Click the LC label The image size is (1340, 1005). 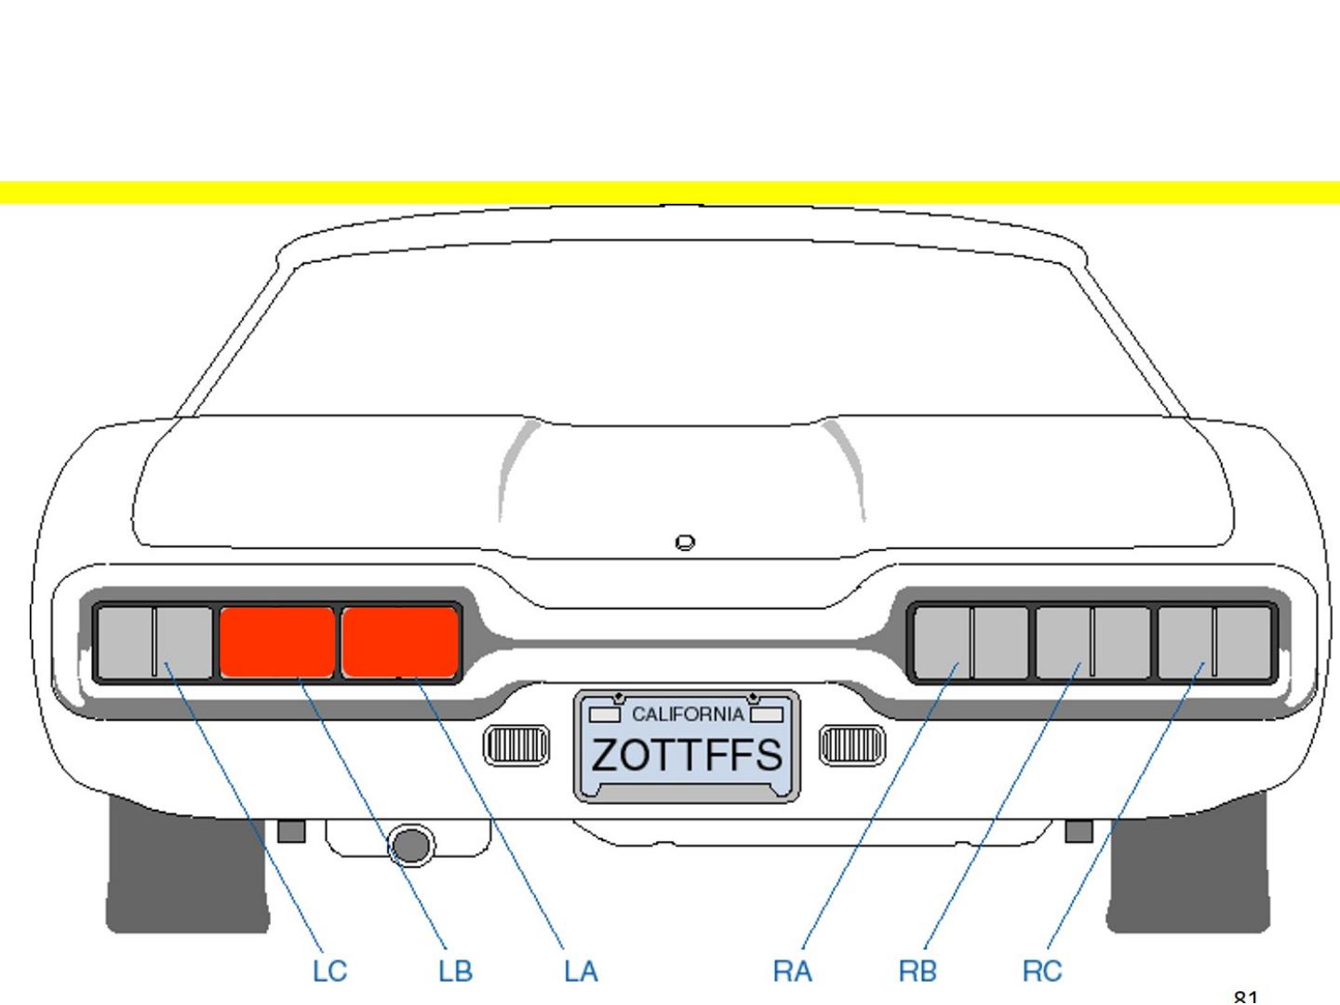[329, 971]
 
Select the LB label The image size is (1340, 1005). [455, 971]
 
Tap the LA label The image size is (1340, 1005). [581, 971]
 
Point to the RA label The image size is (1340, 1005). [792, 971]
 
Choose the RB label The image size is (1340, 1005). [918, 971]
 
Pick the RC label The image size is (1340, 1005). [1042, 971]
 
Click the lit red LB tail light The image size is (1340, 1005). [277, 641]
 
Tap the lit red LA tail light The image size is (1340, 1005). [400, 641]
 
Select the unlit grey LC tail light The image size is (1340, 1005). [154, 641]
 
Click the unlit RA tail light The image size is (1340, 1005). [971, 642]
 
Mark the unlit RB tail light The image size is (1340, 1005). [1092, 642]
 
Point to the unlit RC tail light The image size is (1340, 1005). [1214, 642]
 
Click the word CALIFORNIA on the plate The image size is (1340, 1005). [688, 715]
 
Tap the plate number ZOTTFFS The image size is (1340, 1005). [687, 755]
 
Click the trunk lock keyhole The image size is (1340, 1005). [685, 542]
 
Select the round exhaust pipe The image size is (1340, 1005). [410, 845]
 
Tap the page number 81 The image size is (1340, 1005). [1245, 998]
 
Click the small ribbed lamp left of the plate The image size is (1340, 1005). [516, 745]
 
